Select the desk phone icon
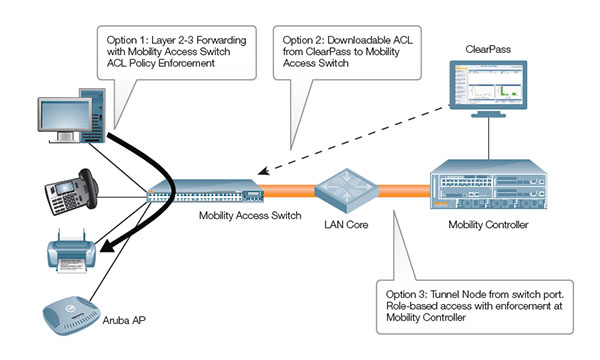(68, 188)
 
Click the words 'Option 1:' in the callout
(129, 40)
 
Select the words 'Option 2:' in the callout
(308, 40)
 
